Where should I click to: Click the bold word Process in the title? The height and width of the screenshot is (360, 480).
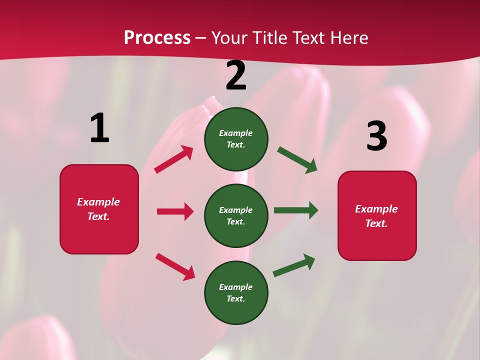[x=157, y=37]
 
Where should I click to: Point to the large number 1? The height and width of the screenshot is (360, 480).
[x=99, y=128]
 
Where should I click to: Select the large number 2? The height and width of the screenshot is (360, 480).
[x=236, y=76]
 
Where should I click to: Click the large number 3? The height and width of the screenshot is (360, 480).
[x=377, y=136]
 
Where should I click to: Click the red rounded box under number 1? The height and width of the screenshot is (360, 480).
[x=99, y=209]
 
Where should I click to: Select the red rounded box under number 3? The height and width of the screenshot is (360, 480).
[x=377, y=216]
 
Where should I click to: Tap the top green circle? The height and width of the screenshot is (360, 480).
[x=236, y=139]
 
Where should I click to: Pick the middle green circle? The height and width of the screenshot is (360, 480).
[x=236, y=216]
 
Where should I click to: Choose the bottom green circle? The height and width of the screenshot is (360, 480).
[x=236, y=293]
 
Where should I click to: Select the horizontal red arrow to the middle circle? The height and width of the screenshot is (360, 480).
[x=175, y=211]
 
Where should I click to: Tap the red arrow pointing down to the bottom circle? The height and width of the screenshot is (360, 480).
[x=175, y=266]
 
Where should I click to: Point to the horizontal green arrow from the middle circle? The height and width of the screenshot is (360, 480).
[x=295, y=210]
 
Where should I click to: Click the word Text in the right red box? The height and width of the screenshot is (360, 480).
[x=376, y=223]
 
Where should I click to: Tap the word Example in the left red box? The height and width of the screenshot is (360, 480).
[x=98, y=202]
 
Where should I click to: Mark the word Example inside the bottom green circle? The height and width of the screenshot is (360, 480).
[x=235, y=287]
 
